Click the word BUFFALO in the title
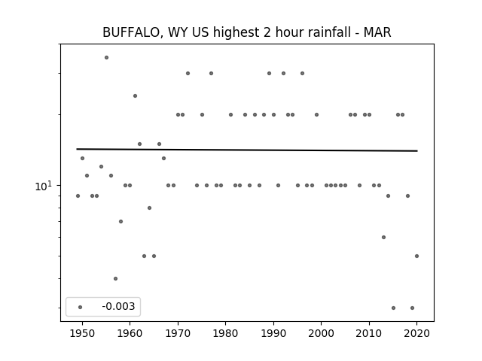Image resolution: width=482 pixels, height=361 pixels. [x=130, y=32]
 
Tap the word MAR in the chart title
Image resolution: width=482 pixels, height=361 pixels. [x=377, y=32]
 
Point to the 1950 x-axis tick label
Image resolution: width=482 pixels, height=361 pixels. [x=82, y=333]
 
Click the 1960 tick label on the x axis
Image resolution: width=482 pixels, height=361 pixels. [x=130, y=333]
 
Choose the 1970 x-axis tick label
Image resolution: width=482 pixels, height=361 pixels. [x=178, y=333]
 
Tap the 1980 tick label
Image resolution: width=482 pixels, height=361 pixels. [x=225, y=333]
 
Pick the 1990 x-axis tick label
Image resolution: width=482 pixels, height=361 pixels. [x=273, y=333]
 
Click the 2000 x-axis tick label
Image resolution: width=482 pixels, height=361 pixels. [x=322, y=333]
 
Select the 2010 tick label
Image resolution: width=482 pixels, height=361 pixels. [x=369, y=333]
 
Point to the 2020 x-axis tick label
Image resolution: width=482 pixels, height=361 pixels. [x=416, y=333]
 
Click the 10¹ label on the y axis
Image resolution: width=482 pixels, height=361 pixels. [x=44, y=186]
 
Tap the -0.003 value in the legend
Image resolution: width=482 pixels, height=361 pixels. [x=118, y=306]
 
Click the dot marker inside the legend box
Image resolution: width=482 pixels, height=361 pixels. [x=81, y=307]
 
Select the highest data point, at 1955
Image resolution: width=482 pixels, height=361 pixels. [x=106, y=57]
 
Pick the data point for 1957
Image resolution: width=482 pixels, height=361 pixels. [x=115, y=279]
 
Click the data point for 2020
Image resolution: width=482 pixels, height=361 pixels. [x=416, y=256]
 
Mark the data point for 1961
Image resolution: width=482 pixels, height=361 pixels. [x=135, y=96]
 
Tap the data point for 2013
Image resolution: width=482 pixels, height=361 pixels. [x=383, y=238]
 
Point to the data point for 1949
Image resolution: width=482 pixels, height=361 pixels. [x=78, y=196]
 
